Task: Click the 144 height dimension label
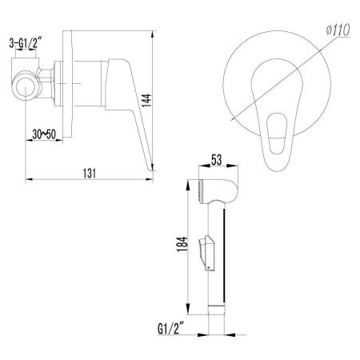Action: tap(146, 100)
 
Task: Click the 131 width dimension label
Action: tap(90, 174)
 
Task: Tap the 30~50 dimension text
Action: tap(44, 134)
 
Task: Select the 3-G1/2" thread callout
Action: tap(26, 43)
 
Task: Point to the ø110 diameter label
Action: tap(338, 30)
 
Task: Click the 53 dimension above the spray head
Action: tap(217, 160)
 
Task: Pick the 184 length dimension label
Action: tap(182, 244)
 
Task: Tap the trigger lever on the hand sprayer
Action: tap(206, 253)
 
